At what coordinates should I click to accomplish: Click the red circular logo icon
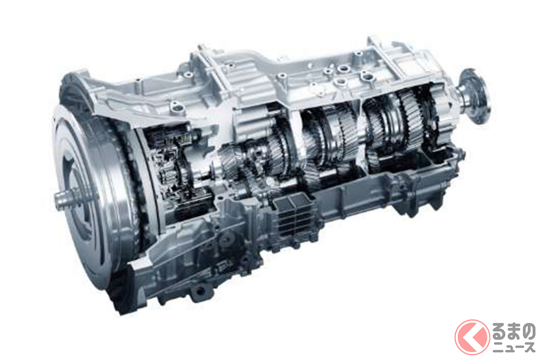pyautogui.click(x=472, y=337)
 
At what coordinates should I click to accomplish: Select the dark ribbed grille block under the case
pyautogui.click(x=293, y=217)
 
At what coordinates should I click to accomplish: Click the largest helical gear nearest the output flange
pyautogui.click(x=410, y=118)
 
